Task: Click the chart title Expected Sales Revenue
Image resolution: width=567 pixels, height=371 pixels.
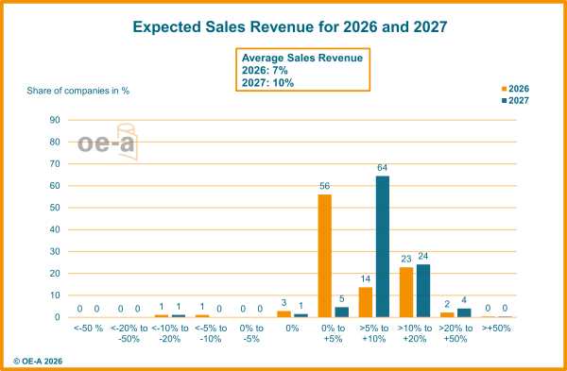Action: tap(290, 26)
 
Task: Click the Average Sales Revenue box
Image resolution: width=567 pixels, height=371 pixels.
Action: tap(302, 70)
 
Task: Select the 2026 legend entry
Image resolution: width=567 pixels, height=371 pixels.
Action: tap(515, 89)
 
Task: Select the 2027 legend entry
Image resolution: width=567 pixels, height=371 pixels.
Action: tap(515, 99)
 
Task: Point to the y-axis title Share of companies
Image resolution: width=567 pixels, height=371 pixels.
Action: tap(77, 91)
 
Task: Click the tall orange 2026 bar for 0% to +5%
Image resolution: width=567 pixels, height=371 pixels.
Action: tap(324, 255)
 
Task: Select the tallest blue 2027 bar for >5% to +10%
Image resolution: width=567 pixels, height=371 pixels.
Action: tap(383, 245)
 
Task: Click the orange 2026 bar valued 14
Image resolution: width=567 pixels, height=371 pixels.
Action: tap(365, 301)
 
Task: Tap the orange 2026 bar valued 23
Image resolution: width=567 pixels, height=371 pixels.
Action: tap(406, 291)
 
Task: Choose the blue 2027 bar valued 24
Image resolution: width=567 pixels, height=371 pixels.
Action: tap(423, 290)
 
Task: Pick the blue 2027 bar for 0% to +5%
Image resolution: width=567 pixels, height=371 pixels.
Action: tap(342, 312)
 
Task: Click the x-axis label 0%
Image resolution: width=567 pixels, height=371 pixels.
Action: tap(292, 329)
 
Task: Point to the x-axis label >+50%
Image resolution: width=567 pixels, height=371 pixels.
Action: tap(496, 329)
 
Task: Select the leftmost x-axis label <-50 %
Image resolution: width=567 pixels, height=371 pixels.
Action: tap(88, 329)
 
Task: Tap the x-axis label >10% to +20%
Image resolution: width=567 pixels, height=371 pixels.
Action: tap(414, 332)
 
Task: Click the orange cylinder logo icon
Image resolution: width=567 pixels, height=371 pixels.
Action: tap(127, 142)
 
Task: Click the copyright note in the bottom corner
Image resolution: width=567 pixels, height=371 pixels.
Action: tap(38, 361)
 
